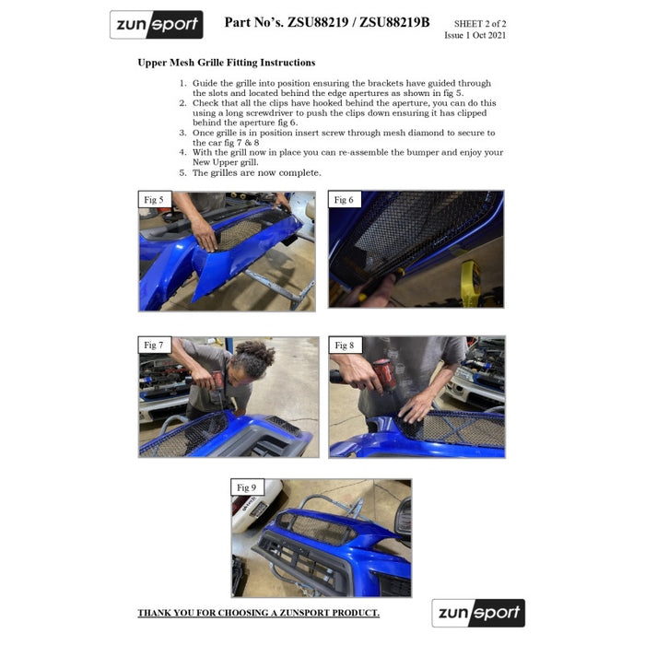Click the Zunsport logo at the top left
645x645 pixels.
coord(157,25)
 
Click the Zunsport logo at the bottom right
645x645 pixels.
coord(478,613)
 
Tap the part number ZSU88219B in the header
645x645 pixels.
coord(394,22)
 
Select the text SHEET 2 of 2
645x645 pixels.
coord(480,24)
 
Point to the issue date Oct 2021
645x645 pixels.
coord(489,35)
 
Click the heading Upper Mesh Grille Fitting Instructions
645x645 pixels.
coord(227,63)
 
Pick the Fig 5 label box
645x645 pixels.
coord(154,200)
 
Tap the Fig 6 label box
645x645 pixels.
coord(345,200)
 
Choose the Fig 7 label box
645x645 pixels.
coord(154,346)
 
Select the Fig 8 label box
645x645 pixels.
coord(346,346)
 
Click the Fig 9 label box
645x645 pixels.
coord(247,487)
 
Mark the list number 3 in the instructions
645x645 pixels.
coord(182,133)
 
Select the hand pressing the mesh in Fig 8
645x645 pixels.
coord(416,407)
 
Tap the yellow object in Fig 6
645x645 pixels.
coord(471,279)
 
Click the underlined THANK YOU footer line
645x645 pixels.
coord(258,613)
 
